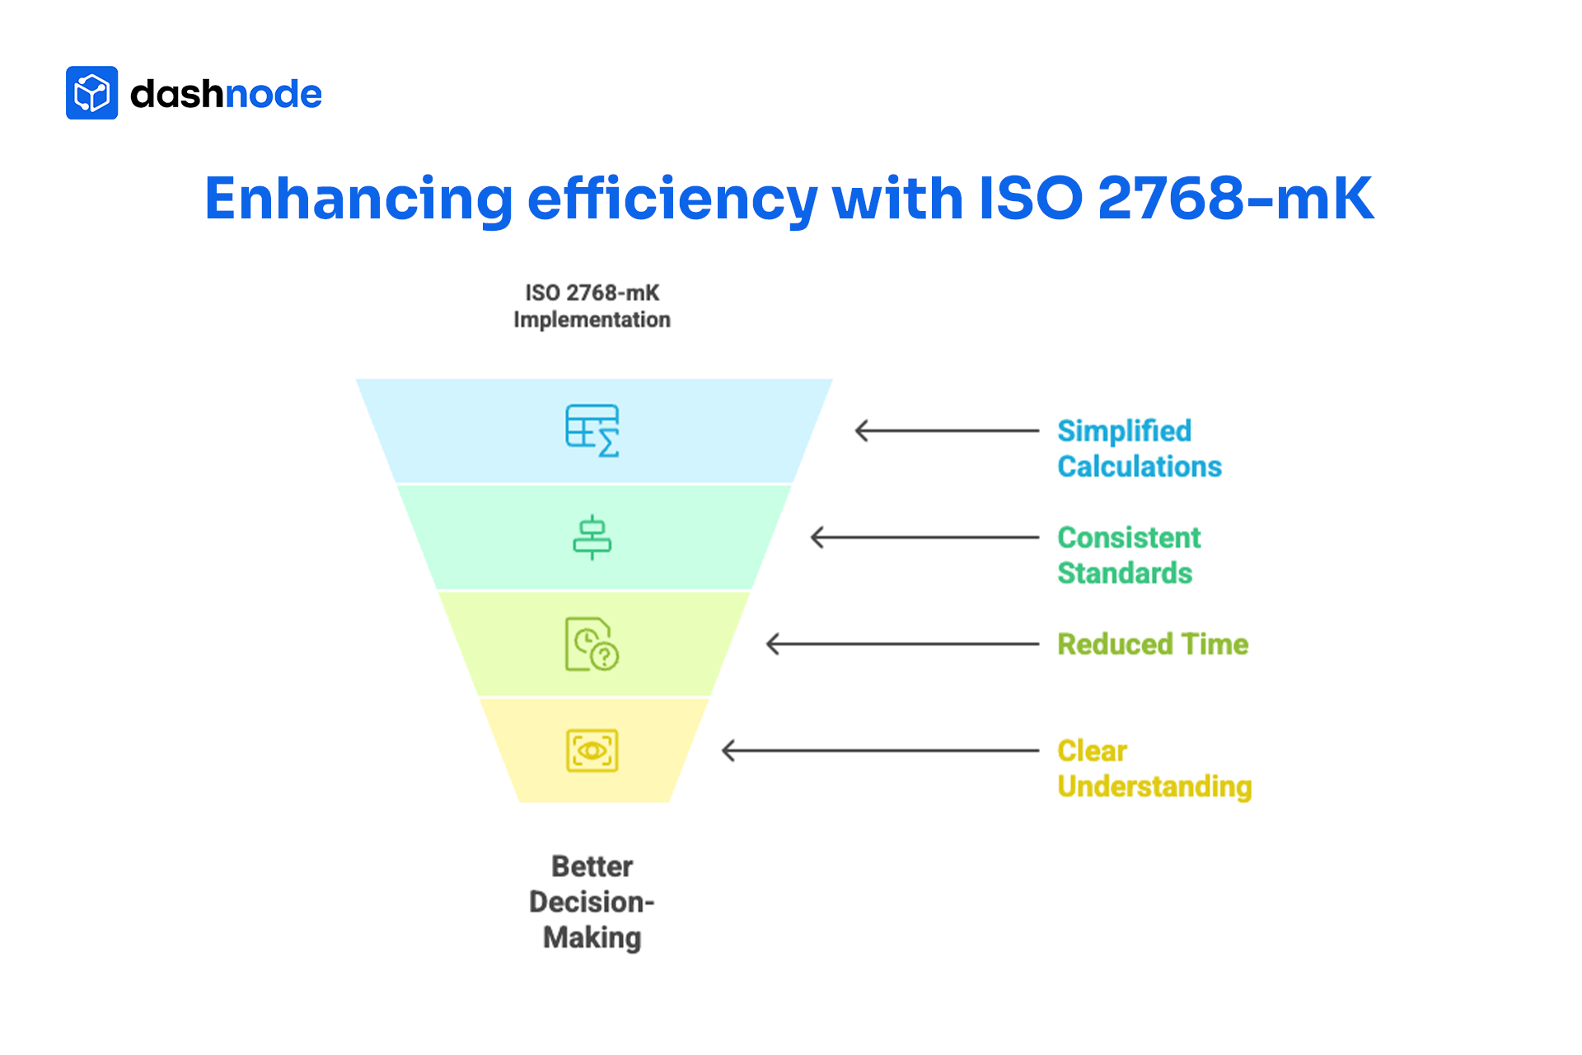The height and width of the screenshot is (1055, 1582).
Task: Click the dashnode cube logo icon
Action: [91, 93]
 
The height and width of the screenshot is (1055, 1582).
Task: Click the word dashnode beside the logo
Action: [226, 94]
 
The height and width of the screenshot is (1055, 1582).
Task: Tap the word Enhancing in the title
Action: [358, 199]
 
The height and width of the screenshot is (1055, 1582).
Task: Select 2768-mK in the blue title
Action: [1235, 199]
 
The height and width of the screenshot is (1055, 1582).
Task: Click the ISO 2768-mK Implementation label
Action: [592, 307]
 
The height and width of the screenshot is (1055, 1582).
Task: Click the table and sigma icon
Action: [592, 430]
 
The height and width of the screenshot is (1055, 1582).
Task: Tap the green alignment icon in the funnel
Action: [592, 537]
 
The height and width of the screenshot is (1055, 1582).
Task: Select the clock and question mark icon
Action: [592, 644]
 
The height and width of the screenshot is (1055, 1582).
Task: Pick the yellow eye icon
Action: [592, 750]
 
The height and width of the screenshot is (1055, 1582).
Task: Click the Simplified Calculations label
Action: [1139, 448]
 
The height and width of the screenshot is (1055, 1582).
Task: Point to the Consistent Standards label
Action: [1129, 555]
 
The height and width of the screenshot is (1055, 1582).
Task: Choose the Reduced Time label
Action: [1153, 644]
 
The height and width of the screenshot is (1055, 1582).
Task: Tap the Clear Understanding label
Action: [1154, 768]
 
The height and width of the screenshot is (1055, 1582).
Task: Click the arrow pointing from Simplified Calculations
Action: [947, 430]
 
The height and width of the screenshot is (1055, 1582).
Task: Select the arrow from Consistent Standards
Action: [924, 537]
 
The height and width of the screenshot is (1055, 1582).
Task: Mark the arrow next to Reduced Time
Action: [902, 644]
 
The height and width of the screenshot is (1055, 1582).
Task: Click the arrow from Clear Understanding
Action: [880, 750]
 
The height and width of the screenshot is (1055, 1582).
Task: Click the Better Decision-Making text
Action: [592, 902]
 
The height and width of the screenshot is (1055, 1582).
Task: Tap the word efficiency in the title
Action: [672, 199]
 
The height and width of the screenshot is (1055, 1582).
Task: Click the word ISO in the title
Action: [1030, 199]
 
